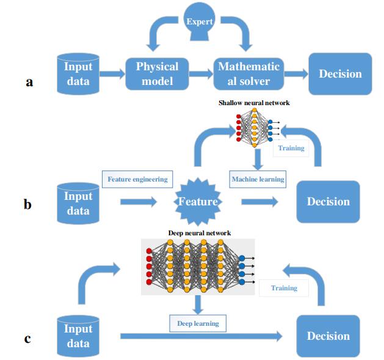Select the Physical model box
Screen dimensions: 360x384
(x=158, y=74)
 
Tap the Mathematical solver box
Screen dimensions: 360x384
(x=248, y=74)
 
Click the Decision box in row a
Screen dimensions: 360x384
(x=340, y=74)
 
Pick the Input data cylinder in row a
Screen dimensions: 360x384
(x=78, y=74)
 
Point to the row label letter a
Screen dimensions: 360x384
(x=29, y=81)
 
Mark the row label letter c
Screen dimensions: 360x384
(x=27, y=338)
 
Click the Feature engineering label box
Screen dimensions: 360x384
(x=137, y=180)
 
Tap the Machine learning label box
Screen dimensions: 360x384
(x=258, y=179)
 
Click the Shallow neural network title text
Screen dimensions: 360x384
(x=254, y=103)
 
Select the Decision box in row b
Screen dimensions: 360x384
(x=328, y=202)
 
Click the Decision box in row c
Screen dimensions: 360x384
(x=328, y=336)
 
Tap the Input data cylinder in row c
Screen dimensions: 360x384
(x=78, y=336)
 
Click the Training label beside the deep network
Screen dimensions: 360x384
(x=284, y=287)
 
